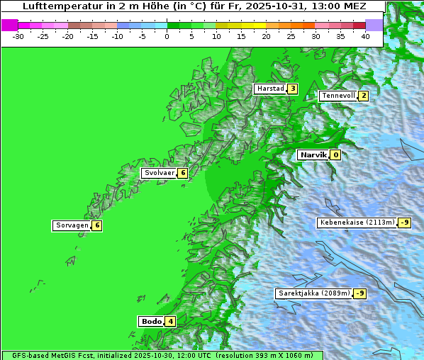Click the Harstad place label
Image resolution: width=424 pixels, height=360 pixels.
click(x=270, y=89)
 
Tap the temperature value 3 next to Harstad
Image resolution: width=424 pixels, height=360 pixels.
click(x=292, y=89)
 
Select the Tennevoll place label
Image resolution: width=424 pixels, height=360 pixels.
click(x=337, y=96)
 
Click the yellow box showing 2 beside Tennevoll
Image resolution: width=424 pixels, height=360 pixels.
click(x=363, y=96)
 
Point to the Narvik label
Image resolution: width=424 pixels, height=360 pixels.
click(x=313, y=154)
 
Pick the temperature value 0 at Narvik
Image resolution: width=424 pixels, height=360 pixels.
click(x=335, y=154)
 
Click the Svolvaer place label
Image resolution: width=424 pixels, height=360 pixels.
click(x=159, y=173)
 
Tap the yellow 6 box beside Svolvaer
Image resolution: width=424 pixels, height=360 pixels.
click(x=182, y=173)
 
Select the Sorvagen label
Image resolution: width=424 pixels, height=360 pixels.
click(x=72, y=225)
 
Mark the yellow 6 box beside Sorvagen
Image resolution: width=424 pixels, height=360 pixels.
click(x=97, y=225)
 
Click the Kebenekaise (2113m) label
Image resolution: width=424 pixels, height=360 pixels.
click(x=357, y=223)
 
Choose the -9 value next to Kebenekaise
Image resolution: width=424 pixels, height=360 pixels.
click(x=404, y=223)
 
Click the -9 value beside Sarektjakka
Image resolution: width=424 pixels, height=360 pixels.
click(x=360, y=293)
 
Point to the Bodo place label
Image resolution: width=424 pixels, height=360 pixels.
click(x=152, y=321)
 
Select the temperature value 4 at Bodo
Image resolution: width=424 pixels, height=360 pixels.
click(x=170, y=321)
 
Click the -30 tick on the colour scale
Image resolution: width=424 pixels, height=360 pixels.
click(x=18, y=36)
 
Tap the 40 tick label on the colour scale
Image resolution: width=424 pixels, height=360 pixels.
click(x=365, y=36)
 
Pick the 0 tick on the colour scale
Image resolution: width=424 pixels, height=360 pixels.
click(x=167, y=36)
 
